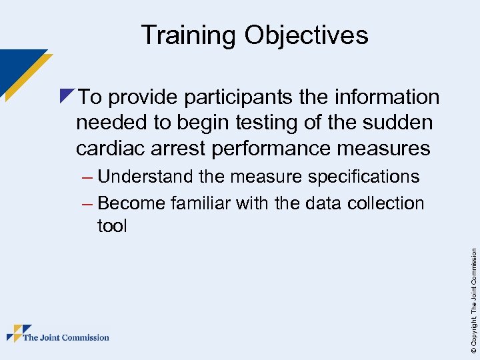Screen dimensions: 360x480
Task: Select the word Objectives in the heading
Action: [306, 35]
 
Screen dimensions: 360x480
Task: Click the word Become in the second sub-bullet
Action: [131, 203]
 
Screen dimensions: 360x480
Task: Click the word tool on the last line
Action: [112, 226]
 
